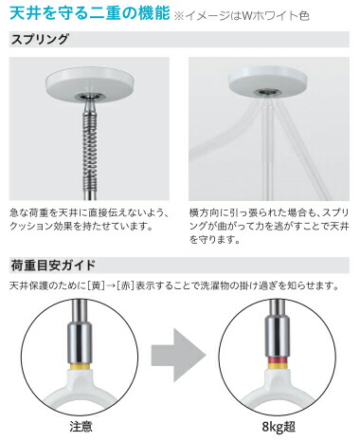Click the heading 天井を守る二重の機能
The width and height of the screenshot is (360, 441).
(x=89, y=13)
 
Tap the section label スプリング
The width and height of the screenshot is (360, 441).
(x=38, y=41)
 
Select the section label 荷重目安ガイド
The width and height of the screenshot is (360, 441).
(x=52, y=263)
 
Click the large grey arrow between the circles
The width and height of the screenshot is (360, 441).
(x=178, y=359)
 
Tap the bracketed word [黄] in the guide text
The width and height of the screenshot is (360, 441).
(x=99, y=285)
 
